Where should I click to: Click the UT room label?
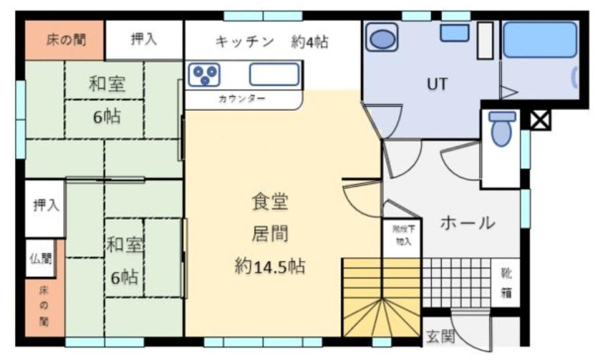[437, 84]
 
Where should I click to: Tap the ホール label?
[467, 223]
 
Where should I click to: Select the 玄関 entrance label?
[441, 337]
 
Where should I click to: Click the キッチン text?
[244, 41]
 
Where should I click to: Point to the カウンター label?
[242, 99]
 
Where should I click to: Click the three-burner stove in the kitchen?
[204, 74]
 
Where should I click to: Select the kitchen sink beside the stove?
[274, 74]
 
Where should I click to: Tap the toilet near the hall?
[502, 128]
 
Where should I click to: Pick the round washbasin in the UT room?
[381, 37]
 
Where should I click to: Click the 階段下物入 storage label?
[403, 235]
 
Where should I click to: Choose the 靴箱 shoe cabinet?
[506, 282]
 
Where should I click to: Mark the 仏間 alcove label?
[41, 258]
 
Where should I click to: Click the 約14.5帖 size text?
[270, 267]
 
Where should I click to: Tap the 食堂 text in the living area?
[270, 202]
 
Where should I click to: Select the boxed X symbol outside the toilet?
[540, 120]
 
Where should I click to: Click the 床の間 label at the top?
[66, 40]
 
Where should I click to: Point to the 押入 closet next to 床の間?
[144, 39]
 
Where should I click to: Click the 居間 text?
[270, 233]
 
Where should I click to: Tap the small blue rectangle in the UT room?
[455, 33]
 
